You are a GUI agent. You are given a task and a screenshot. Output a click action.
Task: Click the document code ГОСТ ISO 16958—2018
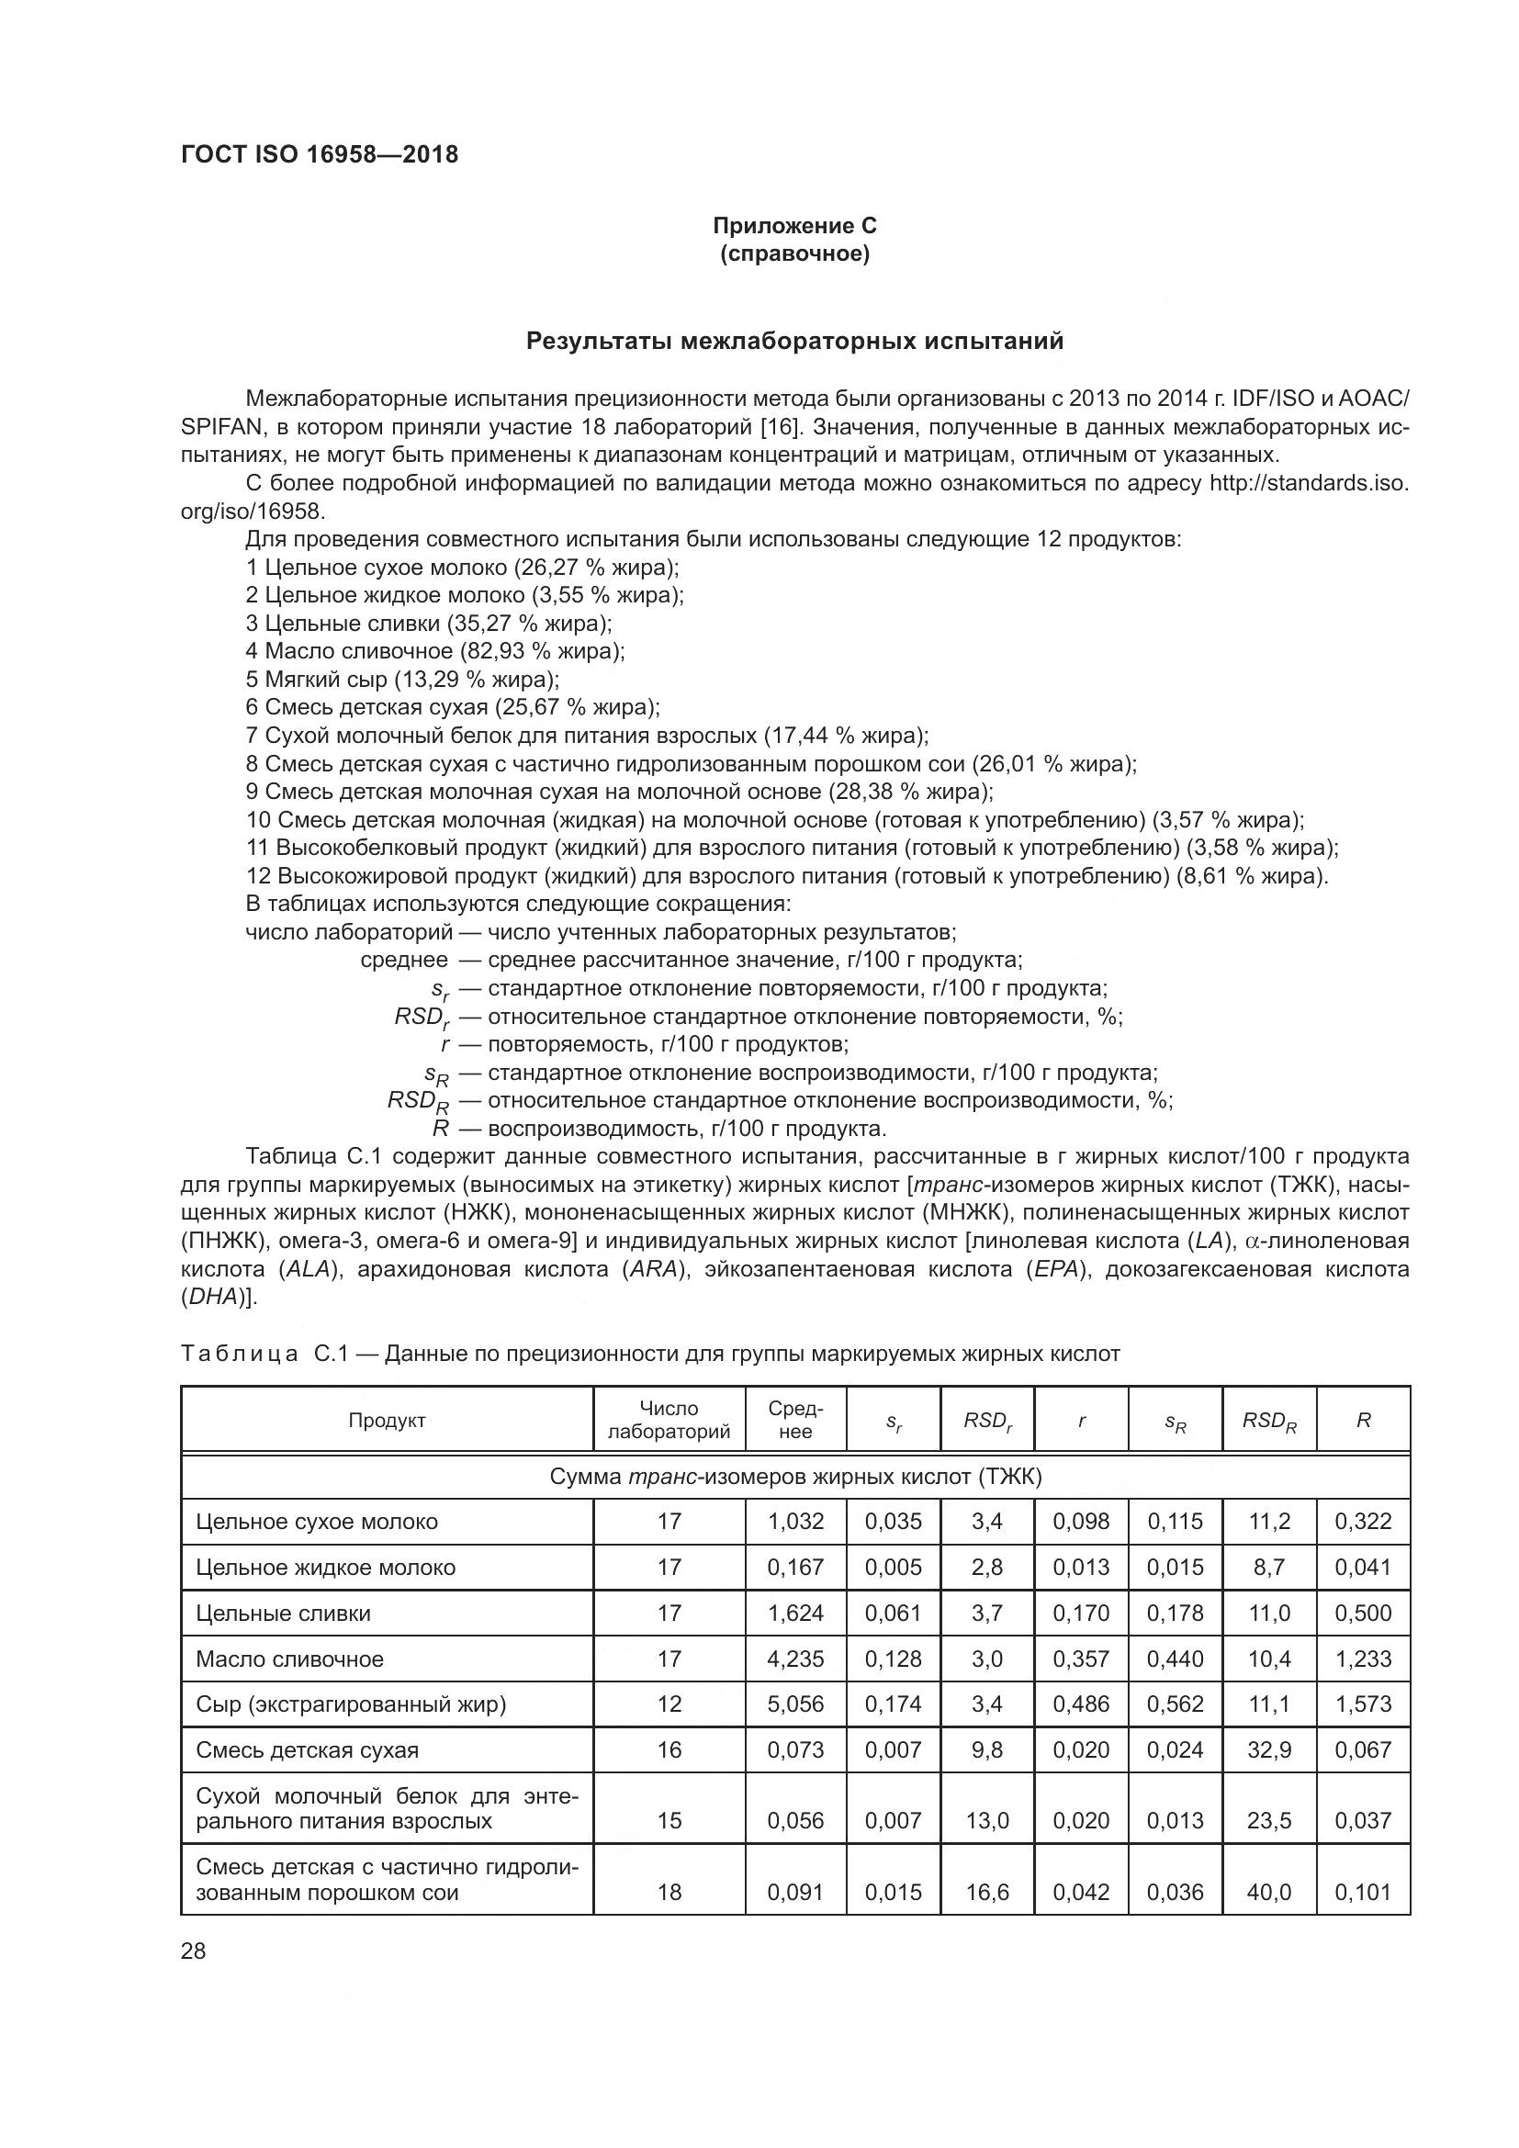pyautogui.click(x=319, y=155)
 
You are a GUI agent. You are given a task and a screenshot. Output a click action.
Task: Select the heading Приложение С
pyautogui.click(x=794, y=226)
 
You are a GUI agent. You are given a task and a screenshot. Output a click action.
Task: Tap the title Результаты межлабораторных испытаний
pyautogui.click(x=794, y=341)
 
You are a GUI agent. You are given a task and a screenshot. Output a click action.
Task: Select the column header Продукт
pyautogui.click(x=387, y=1420)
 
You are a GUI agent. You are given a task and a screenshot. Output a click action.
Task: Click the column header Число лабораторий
pyautogui.click(x=668, y=1420)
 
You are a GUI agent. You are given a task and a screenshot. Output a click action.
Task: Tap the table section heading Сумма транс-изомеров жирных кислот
pyautogui.click(x=794, y=1478)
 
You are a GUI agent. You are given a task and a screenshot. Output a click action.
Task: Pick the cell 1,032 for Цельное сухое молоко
pyautogui.click(x=795, y=1522)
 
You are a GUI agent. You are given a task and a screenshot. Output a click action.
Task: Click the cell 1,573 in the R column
pyautogui.click(x=1363, y=1704)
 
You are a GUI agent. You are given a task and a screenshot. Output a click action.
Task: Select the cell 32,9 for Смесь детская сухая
pyautogui.click(x=1268, y=1750)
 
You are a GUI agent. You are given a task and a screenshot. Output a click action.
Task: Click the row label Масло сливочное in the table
pyautogui.click(x=289, y=1659)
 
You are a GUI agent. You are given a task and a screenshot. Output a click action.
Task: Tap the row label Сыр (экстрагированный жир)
pyautogui.click(x=350, y=1704)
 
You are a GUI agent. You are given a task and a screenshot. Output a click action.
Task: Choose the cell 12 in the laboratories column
pyautogui.click(x=669, y=1704)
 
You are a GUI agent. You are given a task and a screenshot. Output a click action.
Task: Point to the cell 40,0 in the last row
pyautogui.click(x=1268, y=1893)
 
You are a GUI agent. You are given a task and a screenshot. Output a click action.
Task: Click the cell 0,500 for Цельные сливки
pyautogui.click(x=1363, y=1614)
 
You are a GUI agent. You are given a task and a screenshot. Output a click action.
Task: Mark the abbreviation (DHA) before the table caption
pyautogui.click(x=217, y=1298)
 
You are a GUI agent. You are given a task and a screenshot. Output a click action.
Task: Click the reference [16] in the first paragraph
pyautogui.click(x=776, y=428)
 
